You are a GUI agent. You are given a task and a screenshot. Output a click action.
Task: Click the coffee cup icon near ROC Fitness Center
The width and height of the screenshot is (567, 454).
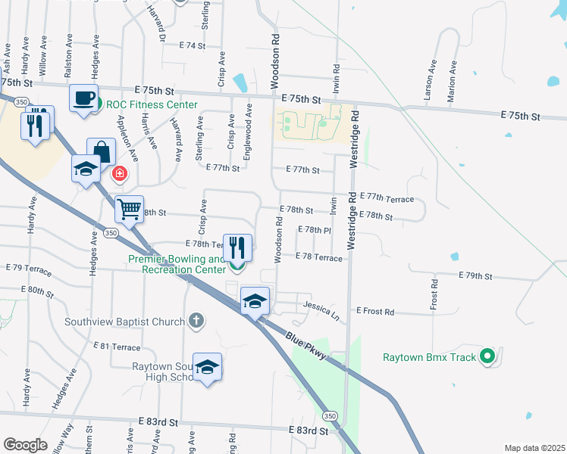tap(84, 98)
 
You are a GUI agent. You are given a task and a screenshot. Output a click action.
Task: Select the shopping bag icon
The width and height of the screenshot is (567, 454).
tap(101, 152)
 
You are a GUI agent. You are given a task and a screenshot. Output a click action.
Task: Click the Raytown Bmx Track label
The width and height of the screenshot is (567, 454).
tap(429, 357)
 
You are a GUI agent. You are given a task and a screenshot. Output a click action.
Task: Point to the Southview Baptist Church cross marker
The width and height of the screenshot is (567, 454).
tap(196, 321)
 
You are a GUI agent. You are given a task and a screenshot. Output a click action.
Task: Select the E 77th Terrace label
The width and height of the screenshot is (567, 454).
tap(387, 198)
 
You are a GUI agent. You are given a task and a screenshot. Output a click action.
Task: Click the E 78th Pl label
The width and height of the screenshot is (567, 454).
tap(315, 229)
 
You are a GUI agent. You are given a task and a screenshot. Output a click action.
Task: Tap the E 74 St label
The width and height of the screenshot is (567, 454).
tap(193, 46)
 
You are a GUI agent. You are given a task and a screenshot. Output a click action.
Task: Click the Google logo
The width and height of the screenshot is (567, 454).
tap(25, 444)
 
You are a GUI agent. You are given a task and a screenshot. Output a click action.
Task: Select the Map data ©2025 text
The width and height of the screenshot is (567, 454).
tap(534, 448)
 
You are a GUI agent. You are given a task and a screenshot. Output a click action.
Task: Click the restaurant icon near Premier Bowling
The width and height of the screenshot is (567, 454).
tap(237, 247)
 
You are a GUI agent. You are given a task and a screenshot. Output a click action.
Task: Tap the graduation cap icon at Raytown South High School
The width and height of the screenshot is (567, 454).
tap(207, 368)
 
